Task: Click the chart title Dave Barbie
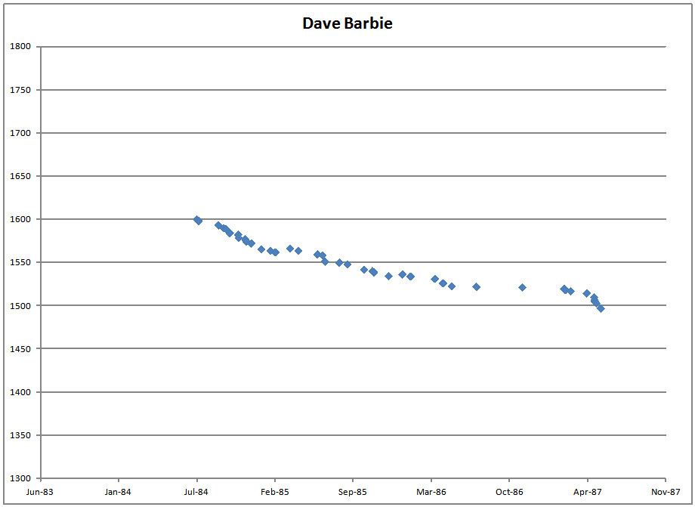coord(347,23)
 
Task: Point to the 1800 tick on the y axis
coord(20,47)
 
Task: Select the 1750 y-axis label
coord(20,90)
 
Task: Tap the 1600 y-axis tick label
coord(20,220)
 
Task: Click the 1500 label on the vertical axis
coord(20,306)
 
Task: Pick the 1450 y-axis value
coord(20,349)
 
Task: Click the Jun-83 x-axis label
coord(40,492)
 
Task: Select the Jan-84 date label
coord(119,492)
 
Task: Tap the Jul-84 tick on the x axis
coord(196,492)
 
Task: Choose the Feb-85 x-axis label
coord(275,492)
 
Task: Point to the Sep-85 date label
coord(353,492)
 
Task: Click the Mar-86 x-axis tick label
coord(431,492)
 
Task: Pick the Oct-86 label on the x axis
coord(509,492)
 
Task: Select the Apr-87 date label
coord(588,492)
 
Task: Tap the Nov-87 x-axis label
coord(665,492)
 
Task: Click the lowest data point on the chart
coord(601,308)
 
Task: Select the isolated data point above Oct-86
coord(522,287)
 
